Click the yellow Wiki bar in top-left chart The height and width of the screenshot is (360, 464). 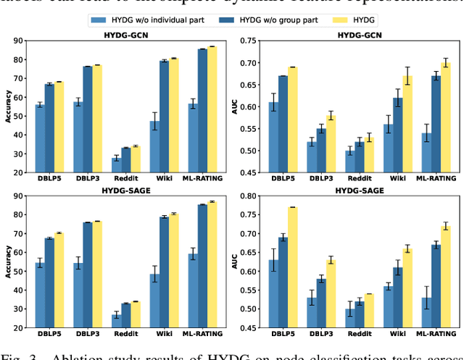click(173, 114)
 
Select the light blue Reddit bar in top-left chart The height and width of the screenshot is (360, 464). click(116, 164)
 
